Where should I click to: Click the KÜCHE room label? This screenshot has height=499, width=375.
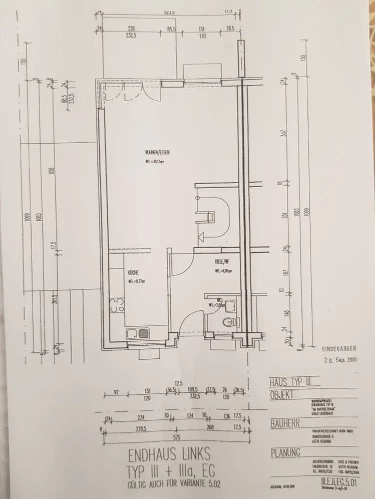[133, 272]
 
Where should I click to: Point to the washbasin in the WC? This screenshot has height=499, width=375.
[230, 305]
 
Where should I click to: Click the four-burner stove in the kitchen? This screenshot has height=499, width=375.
[116, 305]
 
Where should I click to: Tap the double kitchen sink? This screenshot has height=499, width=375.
[138, 332]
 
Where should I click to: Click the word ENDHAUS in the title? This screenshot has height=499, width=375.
[148, 456]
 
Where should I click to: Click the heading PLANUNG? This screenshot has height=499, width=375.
[285, 453]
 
